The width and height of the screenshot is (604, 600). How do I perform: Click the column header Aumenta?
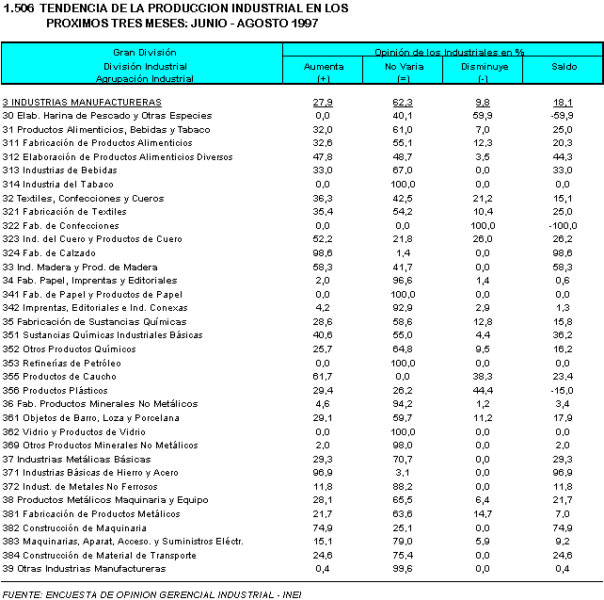click(323, 67)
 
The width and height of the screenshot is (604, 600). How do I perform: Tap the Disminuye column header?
click(484, 67)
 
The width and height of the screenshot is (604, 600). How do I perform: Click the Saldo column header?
click(564, 67)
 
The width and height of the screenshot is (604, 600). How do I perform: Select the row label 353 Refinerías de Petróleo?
click(61, 363)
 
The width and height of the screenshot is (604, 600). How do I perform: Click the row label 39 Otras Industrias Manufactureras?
click(84, 569)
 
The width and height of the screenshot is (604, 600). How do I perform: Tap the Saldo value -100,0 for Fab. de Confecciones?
click(563, 225)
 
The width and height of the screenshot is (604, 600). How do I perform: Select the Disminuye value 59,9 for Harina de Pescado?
click(484, 115)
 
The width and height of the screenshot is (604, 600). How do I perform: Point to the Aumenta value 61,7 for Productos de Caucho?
click(323, 376)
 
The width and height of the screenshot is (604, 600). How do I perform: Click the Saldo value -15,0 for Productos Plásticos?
click(564, 390)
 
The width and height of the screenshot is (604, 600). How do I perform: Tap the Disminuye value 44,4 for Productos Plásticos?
click(484, 390)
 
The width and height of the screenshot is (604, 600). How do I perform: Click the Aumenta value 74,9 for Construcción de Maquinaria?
click(323, 527)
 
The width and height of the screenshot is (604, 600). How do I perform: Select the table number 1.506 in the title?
click(19, 8)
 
